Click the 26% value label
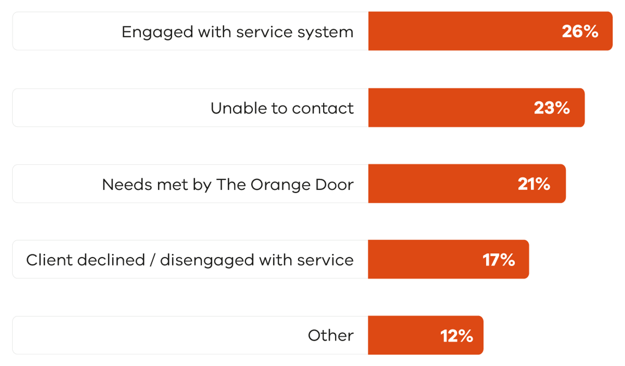(x=580, y=31)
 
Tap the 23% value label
(x=552, y=108)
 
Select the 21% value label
(x=534, y=184)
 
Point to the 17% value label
(x=499, y=260)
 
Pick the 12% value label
(x=457, y=336)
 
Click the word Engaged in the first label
(x=157, y=32)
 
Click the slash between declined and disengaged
(x=152, y=260)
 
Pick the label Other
(x=330, y=335)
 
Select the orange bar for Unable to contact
(x=448, y=108)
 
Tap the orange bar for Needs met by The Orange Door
(x=439, y=184)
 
